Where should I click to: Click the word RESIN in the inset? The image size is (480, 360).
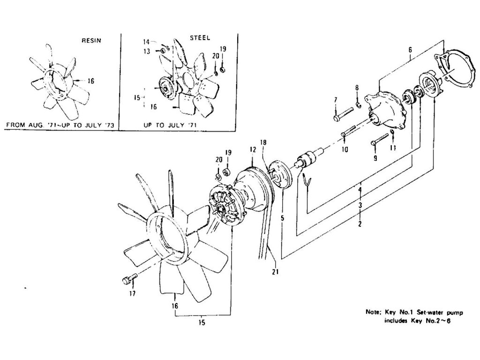coord(91,41)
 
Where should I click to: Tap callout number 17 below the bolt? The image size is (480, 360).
coord(133,293)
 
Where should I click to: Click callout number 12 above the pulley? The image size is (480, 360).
coord(252,149)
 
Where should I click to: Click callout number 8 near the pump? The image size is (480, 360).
coord(357,88)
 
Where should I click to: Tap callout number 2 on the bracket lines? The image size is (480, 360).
coord(360,224)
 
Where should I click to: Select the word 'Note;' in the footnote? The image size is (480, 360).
coord(374,312)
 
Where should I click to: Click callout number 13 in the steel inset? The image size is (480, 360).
coord(146,51)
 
